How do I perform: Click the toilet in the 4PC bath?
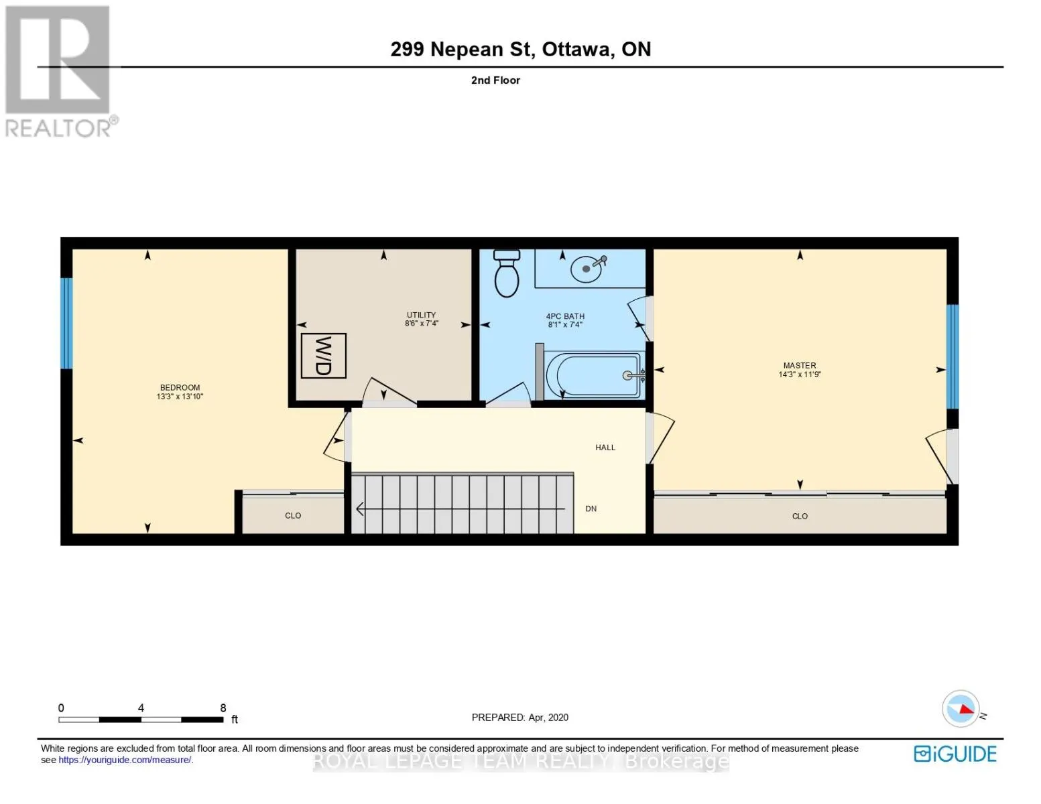(506, 273)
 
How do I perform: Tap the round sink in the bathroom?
(587, 269)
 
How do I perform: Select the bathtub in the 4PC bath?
(595, 375)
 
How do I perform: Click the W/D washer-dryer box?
(323, 355)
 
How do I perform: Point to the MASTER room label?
(800, 365)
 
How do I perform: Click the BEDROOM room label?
(180, 387)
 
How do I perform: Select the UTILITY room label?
(421, 315)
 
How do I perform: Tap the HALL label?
(605, 448)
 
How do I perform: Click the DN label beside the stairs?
(591, 509)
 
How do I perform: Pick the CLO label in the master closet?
(800, 516)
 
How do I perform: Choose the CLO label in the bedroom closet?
(293, 515)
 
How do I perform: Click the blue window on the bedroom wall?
(66, 323)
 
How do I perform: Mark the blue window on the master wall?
(953, 356)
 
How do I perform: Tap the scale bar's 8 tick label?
(223, 708)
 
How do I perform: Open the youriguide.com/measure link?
(125, 760)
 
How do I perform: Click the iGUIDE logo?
(955, 754)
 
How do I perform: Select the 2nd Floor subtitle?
(495, 80)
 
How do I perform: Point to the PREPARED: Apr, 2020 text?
(519, 718)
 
